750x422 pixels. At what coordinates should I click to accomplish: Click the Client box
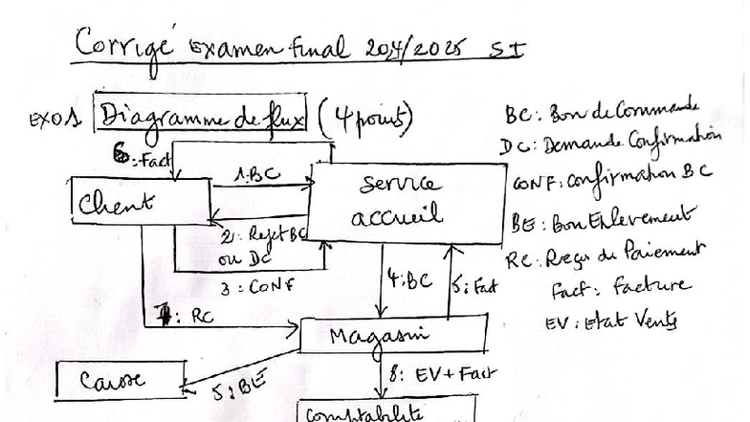coord(140,202)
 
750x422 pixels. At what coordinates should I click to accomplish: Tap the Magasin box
coord(392,336)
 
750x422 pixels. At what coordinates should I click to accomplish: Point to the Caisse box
coord(120,380)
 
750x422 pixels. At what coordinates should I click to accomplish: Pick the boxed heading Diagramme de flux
coord(202,117)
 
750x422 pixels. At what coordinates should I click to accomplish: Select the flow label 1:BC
coord(257,175)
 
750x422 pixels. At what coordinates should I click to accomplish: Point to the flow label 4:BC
coord(409,281)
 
